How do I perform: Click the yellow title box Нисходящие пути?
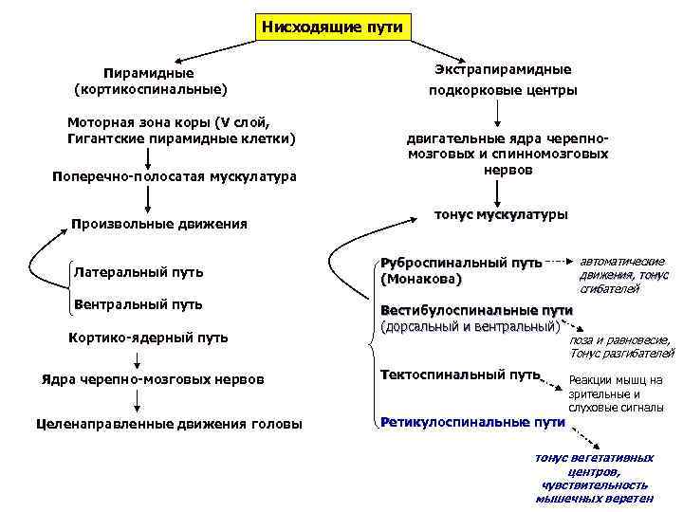pyautogui.click(x=332, y=27)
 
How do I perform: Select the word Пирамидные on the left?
pyautogui.click(x=149, y=73)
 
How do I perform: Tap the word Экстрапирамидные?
pyautogui.click(x=503, y=70)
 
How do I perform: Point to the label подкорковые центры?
pyautogui.click(x=503, y=91)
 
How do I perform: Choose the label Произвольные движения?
pyautogui.click(x=159, y=225)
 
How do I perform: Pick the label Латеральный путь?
pyautogui.click(x=138, y=273)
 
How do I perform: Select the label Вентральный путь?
pyautogui.click(x=138, y=304)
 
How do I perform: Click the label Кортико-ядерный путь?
pyautogui.click(x=149, y=338)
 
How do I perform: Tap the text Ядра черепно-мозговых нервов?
pyautogui.click(x=153, y=380)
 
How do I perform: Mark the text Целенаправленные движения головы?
pyautogui.click(x=168, y=424)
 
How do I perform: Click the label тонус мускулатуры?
pyautogui.click(x=501, y=214)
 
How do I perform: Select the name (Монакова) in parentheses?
pyautogui.click(x=420, y=281)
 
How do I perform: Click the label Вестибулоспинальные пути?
pyautogui.click(x=476, y=310)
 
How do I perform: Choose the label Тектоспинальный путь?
pyautogui.click(x=460, y=375)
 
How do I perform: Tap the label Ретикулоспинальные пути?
pyautogui.click(x=472, y=421)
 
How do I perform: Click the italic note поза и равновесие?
pyautogui.click(x=620, y=339)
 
